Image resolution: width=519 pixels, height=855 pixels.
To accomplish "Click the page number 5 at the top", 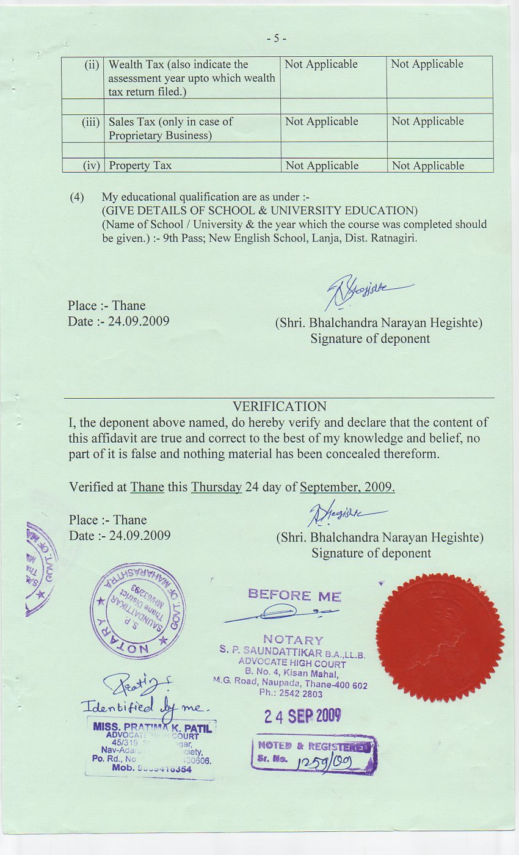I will coord(276,38).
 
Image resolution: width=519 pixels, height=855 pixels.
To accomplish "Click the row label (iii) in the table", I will coord(90,122).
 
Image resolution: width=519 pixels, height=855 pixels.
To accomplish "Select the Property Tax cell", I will coord(140,166).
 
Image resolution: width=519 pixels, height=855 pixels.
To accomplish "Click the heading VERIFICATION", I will coord(280,406).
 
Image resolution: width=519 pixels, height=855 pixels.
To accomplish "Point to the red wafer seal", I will coord(440,637).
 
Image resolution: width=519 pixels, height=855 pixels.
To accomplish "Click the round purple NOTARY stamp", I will coord(138,610).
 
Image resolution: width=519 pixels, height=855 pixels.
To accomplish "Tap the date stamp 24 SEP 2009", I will coord(303,716).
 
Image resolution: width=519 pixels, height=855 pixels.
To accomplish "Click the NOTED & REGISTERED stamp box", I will coord(314,754).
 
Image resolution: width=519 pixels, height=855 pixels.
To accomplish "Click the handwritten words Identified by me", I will coord(145,707).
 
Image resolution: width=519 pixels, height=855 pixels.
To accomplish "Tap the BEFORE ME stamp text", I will coord(294,595).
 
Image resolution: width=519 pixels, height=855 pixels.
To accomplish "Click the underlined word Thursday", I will coord(216,487).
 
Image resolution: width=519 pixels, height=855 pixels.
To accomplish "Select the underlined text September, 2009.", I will coord(347,487).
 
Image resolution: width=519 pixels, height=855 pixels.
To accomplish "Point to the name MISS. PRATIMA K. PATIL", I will coord(152,727).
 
